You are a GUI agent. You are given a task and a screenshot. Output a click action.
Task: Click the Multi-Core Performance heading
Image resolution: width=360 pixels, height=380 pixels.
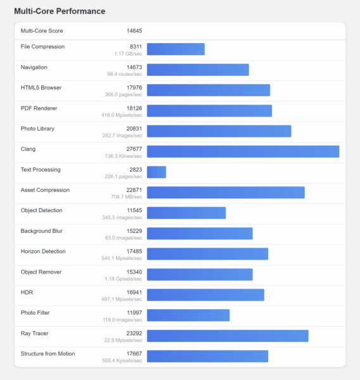60,11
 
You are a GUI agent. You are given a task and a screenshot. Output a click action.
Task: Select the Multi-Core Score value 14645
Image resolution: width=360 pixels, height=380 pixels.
134,31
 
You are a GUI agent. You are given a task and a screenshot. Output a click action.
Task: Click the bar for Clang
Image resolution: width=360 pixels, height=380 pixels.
243,151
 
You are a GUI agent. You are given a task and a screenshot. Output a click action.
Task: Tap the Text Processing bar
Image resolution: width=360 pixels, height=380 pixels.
157,172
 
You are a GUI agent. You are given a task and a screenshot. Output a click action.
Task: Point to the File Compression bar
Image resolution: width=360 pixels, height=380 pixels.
176,49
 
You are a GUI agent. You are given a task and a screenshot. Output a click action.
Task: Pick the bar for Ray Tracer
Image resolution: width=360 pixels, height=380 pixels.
228,336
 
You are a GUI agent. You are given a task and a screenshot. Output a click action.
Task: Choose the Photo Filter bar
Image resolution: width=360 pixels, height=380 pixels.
188,315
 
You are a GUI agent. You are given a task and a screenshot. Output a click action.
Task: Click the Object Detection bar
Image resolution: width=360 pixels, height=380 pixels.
186,213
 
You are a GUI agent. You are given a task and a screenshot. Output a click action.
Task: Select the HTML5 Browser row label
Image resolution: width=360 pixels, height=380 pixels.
41,87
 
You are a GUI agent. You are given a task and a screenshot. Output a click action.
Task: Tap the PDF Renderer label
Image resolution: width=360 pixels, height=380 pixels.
39,108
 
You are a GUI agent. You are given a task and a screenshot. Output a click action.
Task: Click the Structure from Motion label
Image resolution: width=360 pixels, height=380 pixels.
48,353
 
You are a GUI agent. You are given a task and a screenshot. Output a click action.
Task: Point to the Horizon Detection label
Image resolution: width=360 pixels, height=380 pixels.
43,251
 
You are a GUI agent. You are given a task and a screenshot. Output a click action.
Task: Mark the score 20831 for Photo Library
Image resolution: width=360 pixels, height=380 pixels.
134,129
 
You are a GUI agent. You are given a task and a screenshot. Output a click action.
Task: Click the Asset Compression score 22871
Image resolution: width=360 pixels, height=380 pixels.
134,190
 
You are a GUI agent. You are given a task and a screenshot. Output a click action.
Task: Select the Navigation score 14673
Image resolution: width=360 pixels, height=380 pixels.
134,67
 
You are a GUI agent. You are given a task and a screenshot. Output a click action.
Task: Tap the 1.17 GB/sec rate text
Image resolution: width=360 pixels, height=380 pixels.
128,54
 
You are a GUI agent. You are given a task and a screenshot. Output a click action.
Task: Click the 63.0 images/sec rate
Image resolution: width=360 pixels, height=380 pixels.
124,237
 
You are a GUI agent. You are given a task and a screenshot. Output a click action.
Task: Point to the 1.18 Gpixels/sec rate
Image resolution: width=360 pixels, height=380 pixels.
123,279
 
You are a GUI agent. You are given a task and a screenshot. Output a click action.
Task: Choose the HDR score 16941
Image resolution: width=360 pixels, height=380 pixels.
134,292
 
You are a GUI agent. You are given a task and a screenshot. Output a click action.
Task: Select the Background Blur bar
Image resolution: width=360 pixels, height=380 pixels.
200,233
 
